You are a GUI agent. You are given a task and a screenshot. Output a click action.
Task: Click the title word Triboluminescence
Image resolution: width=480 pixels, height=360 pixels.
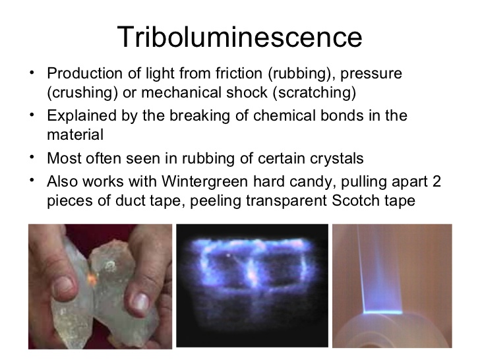click(240, 37)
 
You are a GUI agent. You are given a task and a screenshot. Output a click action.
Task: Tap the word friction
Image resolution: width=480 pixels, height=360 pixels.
click(239, 73)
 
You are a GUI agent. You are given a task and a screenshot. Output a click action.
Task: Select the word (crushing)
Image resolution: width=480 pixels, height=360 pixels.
click(82, 93)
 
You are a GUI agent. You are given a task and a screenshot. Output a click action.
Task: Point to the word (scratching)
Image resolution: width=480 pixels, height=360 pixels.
click(314, 93)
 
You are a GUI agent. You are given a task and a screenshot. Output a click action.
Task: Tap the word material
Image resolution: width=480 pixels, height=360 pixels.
click(75, 135)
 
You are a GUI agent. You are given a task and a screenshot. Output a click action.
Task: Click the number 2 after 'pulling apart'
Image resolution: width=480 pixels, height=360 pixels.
click(437, 181)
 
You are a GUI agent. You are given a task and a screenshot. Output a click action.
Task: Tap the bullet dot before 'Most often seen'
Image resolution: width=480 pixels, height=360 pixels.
click(32, 157)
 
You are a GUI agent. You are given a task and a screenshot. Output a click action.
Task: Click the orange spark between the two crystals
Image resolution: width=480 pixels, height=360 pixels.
click(92, 278)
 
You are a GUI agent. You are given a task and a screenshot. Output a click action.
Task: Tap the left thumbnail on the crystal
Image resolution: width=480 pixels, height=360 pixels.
click(64, 287)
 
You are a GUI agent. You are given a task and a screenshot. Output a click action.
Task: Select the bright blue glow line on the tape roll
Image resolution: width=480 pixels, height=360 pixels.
click(382, 313)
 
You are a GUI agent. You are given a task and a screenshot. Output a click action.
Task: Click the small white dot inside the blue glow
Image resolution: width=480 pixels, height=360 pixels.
click(227, 255)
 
